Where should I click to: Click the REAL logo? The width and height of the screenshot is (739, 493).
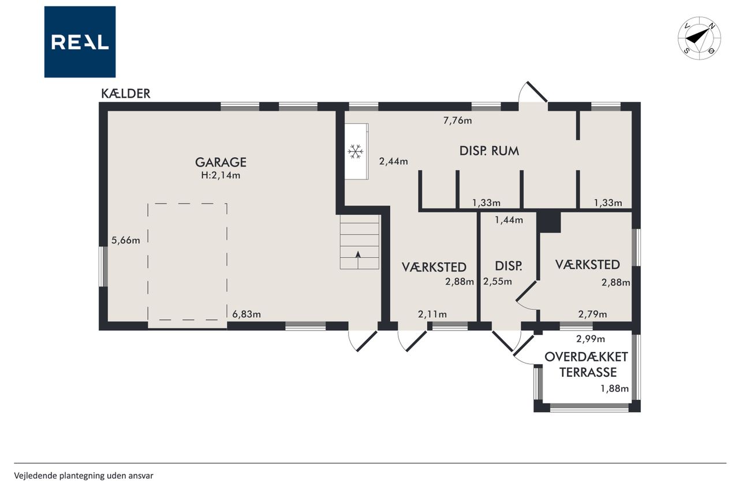(x=80, y=42)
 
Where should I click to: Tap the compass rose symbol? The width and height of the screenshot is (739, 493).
(x=699, y=38)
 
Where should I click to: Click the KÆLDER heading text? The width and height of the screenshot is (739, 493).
(x=126, y=94)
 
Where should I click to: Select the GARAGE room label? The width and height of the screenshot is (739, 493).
(x=221, y=162)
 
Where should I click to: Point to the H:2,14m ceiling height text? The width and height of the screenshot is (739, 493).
(x=221, y=175)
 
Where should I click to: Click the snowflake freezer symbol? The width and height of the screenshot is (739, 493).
(x=355, y=151)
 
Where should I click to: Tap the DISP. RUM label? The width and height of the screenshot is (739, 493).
(x=489, y=151)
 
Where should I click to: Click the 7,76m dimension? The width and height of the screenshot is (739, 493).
(x=457, y=121)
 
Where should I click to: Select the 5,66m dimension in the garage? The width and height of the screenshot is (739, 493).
(x=126, y=240)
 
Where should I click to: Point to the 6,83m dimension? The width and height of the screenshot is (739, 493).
(x=247, y=314)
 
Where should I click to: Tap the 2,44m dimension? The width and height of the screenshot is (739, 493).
(x=393, y=161)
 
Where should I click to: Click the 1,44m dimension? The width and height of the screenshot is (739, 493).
(x=509, y=220)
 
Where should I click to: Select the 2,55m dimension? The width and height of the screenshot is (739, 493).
(x=498, y=281)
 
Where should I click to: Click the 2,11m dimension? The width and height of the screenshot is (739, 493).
(x=432, y=314)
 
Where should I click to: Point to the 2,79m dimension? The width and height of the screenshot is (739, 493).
(x=592, y=314)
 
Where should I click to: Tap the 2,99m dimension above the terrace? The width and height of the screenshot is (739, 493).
(x=591, y=339)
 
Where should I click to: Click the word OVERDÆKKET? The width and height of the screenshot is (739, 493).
(x=586, y=357)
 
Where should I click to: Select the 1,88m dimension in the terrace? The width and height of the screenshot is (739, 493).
(x=614, y=388)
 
